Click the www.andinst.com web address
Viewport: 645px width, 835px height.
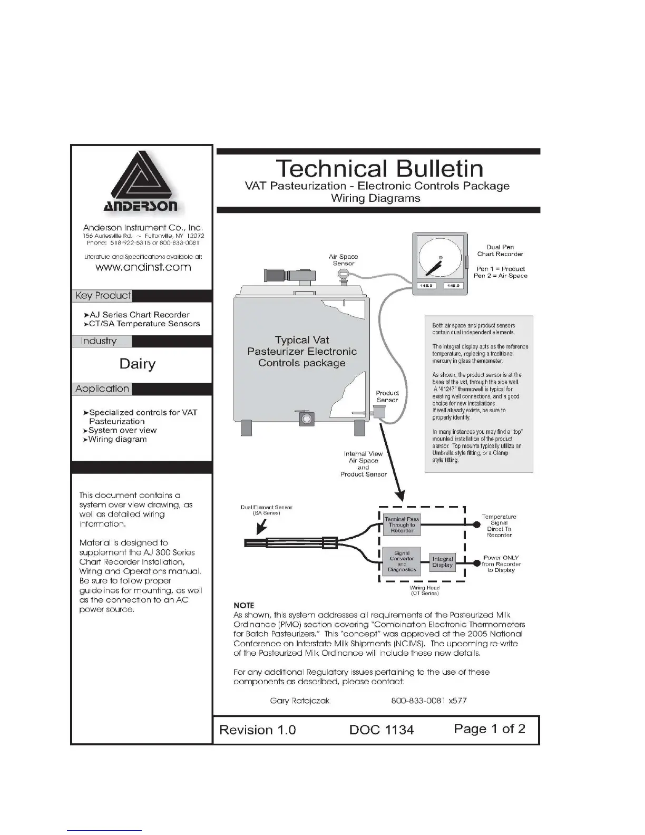(143, 267)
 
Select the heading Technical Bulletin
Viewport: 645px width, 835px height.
(379, 169)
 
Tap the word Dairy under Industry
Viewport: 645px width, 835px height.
(138, 364)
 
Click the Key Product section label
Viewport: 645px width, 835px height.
(103, 296)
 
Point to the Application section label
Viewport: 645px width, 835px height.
(102, 389)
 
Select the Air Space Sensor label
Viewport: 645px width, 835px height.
(344, 260)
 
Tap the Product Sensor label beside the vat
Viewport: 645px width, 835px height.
(387, 396)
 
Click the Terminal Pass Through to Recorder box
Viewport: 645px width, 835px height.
(402, 525)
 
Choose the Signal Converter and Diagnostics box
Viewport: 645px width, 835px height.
(402, 561)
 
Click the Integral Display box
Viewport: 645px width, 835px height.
(443, 562)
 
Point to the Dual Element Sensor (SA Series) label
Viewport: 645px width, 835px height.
(266, 510)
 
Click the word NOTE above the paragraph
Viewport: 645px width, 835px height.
(243, 605)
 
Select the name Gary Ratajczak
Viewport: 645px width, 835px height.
(300, 701)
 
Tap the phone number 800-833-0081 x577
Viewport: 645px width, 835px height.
(429, 701)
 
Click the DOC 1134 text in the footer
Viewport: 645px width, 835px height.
(382, 730)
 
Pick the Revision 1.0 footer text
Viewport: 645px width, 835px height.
(258, 730)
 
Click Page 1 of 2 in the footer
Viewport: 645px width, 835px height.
(490, 729)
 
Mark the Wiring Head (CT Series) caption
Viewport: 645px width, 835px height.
(424, 590)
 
